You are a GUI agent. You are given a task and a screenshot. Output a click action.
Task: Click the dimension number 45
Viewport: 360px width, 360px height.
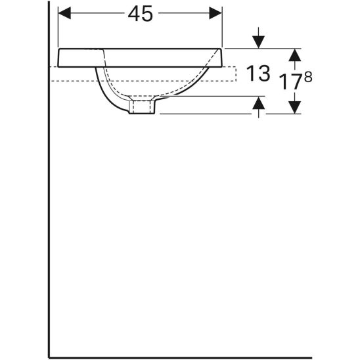pos(140,14)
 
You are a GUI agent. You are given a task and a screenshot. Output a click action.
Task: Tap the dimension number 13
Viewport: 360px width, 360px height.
pos(258,74)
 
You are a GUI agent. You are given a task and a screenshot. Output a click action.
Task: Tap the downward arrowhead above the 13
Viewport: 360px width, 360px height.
pos(259,41)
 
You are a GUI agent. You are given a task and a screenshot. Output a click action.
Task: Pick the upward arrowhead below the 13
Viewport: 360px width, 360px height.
pos(259,103)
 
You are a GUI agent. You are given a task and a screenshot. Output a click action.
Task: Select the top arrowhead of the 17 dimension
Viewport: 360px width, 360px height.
pos(296,55)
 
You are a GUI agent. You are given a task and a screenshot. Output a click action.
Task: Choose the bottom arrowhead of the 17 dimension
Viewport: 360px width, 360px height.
pos(296,105)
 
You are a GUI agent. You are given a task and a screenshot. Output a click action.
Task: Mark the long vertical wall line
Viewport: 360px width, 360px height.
pos(49,197)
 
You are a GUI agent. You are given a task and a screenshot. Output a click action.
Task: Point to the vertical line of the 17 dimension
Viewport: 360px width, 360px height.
pos(296,80)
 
